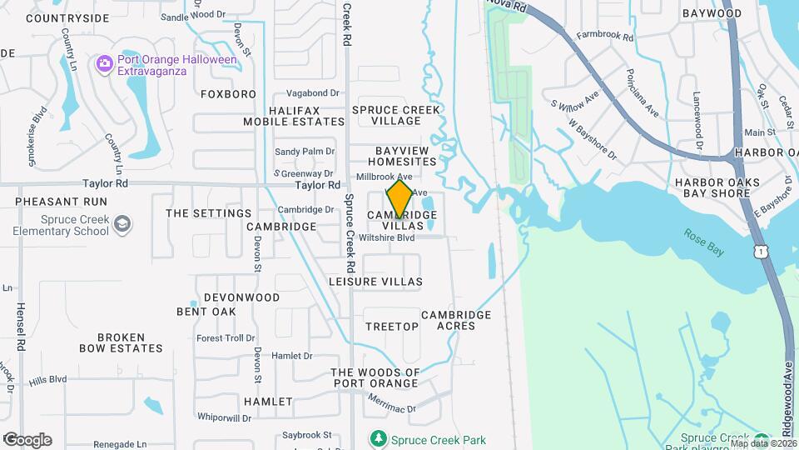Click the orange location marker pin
(x=399, y=198)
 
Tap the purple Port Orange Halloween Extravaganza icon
(x=104, y=62)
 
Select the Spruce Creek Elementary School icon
(x=122, y=223)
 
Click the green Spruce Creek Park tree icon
(x=379, y=438)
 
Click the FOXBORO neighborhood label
(x=228, y=94)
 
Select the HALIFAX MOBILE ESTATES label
(x=293, y=116)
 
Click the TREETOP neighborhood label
(x=392, y=327)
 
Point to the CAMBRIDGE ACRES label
(x=455, y=320)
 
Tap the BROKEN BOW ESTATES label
(x=121, y=342)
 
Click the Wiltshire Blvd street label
(x=387, y=237)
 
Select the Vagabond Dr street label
(x=313, y=93)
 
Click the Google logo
(x=27, y=439)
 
